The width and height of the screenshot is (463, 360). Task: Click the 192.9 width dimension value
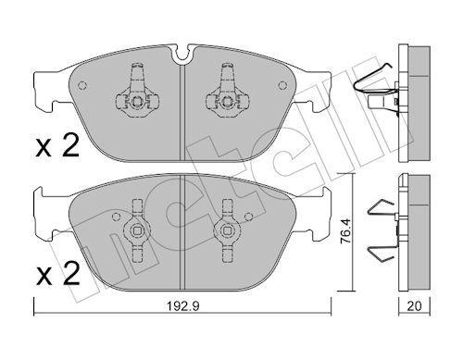(x=183, y=306)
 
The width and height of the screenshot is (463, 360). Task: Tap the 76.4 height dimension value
(x=345, y=231)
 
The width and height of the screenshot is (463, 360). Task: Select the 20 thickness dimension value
(x=414, y=306)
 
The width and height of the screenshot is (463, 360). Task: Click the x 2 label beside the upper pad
(x=57, y=146)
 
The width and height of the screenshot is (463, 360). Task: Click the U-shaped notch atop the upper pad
(x=182, y=55)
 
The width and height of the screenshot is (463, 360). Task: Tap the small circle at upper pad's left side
(x=82, y=85)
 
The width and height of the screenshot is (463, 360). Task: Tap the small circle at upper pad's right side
(x=282, y=85)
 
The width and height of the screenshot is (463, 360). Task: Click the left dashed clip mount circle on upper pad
(x=137, y=102)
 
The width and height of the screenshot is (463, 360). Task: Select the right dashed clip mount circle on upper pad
(x=227, y=102)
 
